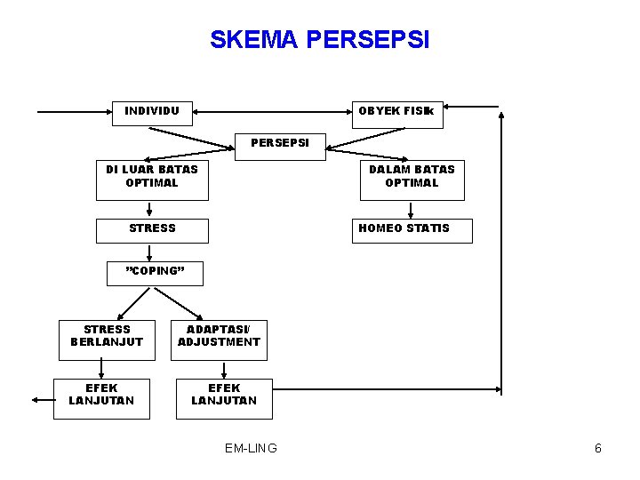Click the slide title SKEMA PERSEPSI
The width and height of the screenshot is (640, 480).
point(319,40)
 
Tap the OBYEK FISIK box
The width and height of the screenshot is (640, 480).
point(396,113)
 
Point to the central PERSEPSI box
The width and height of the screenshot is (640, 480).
point(279,143)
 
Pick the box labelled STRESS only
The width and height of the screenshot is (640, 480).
point(152,229)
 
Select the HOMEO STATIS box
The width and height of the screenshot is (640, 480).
point(412,230)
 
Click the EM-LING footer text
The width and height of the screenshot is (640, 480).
point(251,448)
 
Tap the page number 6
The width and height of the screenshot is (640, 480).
point(598,448)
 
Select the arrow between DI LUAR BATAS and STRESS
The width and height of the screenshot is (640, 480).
point(149,209)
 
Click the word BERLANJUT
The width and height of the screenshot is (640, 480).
point(107,342)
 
